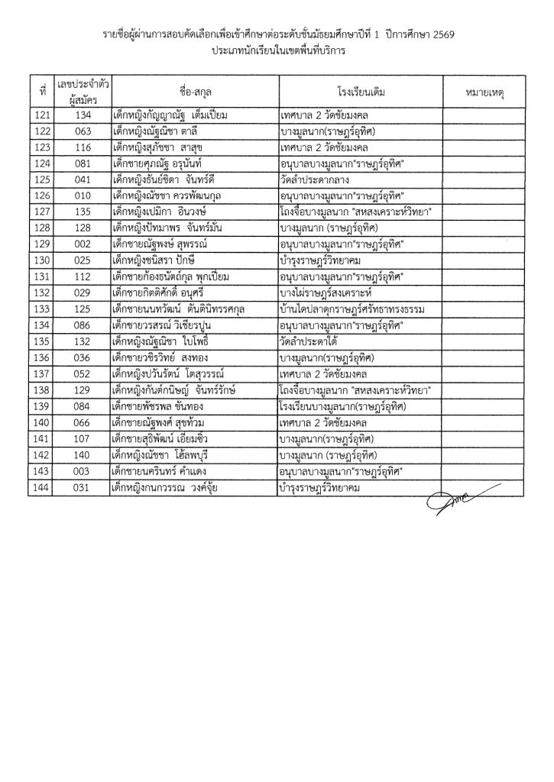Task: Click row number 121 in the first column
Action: tap(43, 115)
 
